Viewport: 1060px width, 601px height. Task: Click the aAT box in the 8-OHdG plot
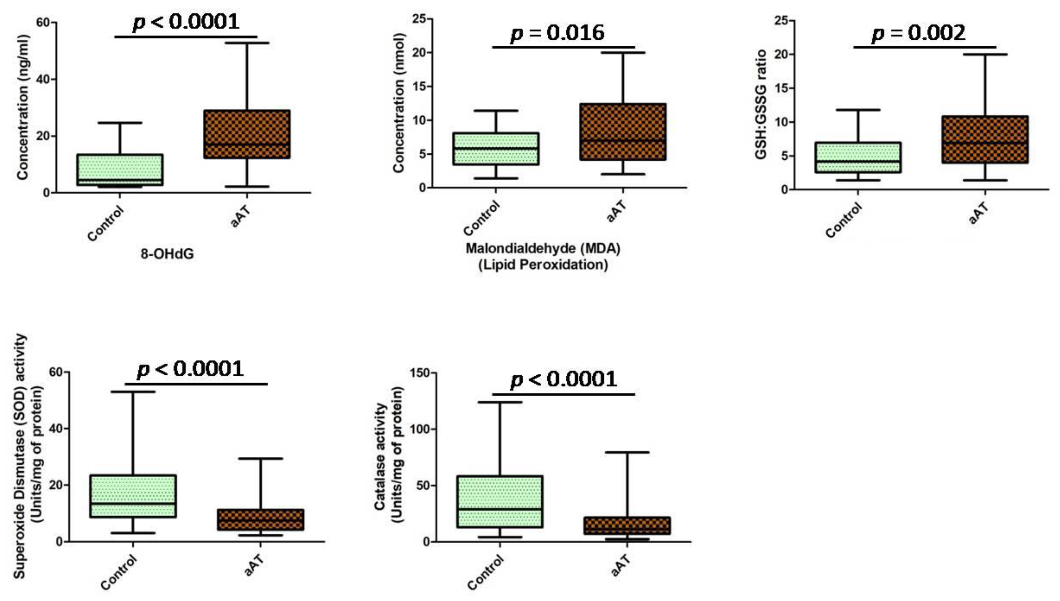click(247, 134)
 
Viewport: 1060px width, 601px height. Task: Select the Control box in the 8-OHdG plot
click(120, 170)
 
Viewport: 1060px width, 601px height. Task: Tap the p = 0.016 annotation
click(558, 33)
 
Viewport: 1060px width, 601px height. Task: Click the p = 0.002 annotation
click(918, 33)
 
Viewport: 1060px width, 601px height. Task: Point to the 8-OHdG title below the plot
click(167, 254)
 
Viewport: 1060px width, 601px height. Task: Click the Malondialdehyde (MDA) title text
click(543, 249)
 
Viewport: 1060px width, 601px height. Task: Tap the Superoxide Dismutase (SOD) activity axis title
click(20, 456)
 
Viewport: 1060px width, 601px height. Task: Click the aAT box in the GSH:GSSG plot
click(985, 140)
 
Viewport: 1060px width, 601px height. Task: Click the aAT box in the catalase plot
click(627, 525)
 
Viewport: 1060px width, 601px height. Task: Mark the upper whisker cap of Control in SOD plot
click(133, 391)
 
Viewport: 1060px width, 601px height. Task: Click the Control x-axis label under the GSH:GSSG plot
click(844, 220)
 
